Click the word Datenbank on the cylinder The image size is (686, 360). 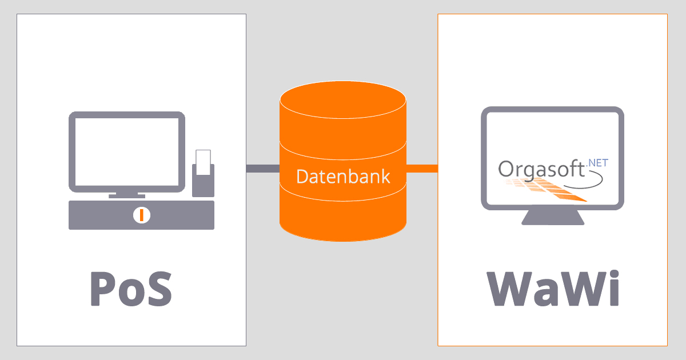click(343, 176)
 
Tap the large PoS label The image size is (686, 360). click(131, 289)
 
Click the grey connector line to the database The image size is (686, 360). click(263, 168)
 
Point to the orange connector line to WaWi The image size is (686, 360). click(422, 168)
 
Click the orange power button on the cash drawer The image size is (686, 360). click(141, 215)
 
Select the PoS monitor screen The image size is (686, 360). click(127, 151)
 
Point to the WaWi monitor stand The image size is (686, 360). click(553, 217)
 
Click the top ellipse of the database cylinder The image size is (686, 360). click(343, 100)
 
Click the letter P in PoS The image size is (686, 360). click(103, 289)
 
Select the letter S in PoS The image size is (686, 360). click(158, 289)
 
